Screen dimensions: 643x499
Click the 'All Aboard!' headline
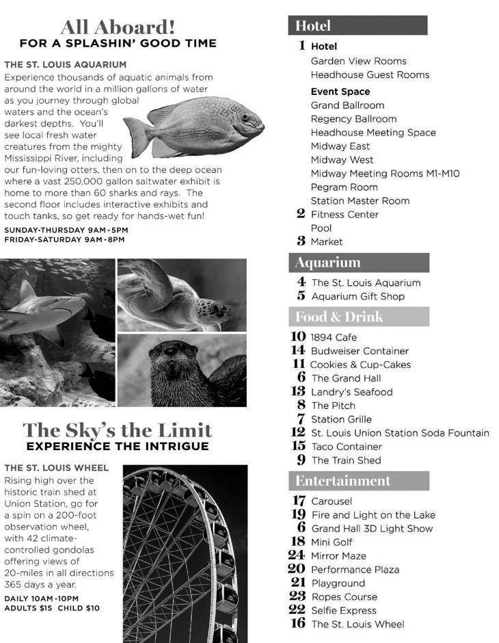(x=118, y=27)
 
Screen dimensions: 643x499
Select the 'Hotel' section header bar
(x=358, y=26)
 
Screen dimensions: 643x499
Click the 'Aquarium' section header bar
(x=359, y=263)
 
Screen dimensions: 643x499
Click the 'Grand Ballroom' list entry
(x=347, y=105)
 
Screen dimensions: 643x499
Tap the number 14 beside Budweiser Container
(x=297, y=351)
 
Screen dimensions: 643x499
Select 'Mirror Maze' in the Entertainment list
(x=338, y=556)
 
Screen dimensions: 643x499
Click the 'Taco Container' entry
(x=346, y=447)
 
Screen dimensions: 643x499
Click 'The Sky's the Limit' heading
(x=118, y=430)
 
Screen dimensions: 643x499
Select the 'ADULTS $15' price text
(x=28, y=607)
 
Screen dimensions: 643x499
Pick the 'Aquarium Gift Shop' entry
(x=358, y=296)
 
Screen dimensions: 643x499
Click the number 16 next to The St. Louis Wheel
(x=297, y=624)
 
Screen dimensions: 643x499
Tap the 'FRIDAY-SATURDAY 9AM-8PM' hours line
(x=66, y=239)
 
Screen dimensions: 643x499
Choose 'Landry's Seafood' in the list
(x=351, y=392)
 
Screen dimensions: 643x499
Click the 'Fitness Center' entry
(x=345, y=214)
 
